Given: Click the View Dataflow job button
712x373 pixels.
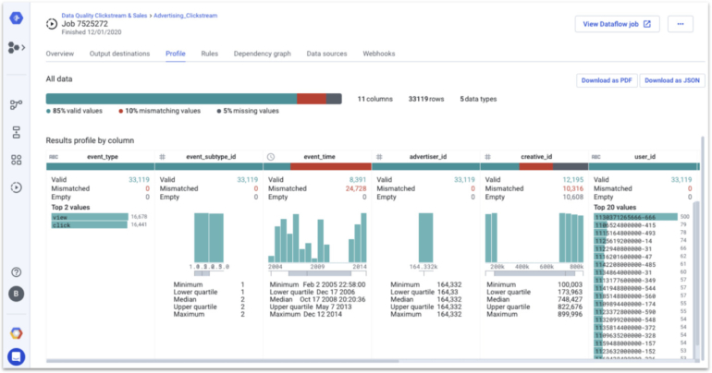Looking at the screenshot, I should pyautogui.click(x=617, y=24).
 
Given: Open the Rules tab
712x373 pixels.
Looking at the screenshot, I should pyautogui.click(x=210, y=54).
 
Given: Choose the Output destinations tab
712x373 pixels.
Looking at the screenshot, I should pyautogui.click(x=119, y=54).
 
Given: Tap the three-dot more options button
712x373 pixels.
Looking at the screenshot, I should pyautogui.click(x=680, y=24).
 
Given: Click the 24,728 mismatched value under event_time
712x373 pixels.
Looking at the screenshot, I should pyautogui.click(x=351, y=188).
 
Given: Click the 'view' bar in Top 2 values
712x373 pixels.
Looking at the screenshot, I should pyautogui.click(x=87, y=217).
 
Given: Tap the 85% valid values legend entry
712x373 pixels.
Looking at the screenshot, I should pyautogui.click(x=78, y=111).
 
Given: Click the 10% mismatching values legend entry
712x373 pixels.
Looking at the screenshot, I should pyautogui.click(x=162, y=111).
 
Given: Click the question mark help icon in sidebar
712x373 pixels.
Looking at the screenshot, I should pyautogui.click(x=16, y=272).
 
